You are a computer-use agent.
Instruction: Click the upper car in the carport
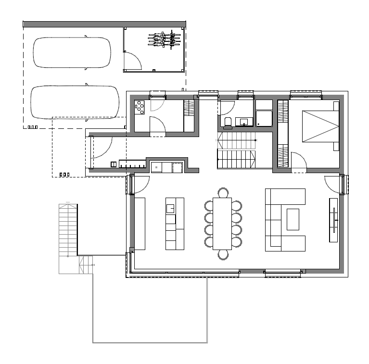click(x=72, y=52)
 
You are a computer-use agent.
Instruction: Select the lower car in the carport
click(x=75, y=102)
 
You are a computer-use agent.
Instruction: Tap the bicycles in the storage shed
click(x=165, y=39)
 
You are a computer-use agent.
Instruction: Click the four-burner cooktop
click(x=140, y=107)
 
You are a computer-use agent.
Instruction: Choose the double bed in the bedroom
click(x=320, y=126)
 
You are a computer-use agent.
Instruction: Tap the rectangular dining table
click(x=222, y=223)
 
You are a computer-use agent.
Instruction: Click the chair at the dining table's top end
click(x=223, y=193)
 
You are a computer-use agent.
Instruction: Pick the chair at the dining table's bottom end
click(x=223, y=254)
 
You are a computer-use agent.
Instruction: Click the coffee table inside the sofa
click(x=293, y=219)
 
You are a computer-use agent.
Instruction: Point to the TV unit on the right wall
click(x=333, y=219)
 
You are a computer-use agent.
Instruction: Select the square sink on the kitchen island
click(x=170, y=208)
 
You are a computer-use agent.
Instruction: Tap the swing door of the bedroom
click(x=299, y=161)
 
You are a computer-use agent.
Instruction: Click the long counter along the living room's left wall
click(x=140, y=223)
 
